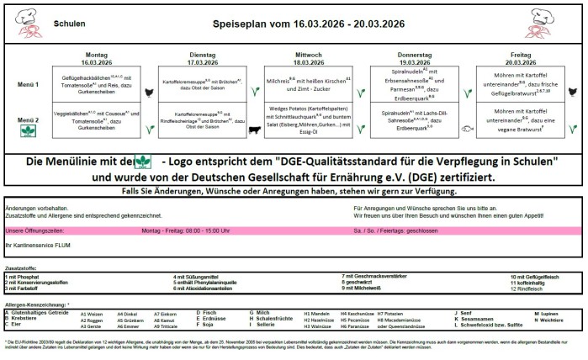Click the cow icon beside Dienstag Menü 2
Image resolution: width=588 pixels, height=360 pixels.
pyautogui.click(x=256, y=128)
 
